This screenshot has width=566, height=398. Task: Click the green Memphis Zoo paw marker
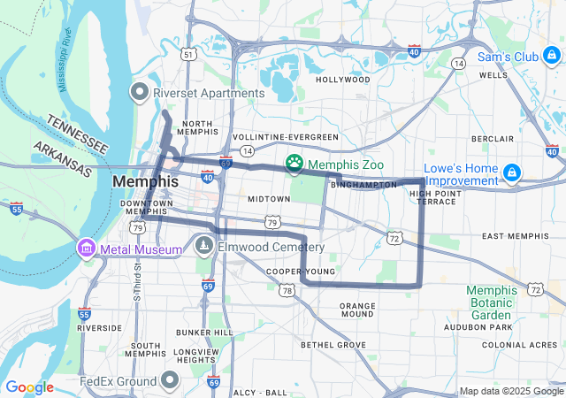coord(294,164)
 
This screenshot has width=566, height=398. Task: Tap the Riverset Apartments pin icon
coord(140,92)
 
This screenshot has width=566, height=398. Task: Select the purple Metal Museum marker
coord(87,249)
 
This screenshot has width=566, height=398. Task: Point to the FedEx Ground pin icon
coord(170,381)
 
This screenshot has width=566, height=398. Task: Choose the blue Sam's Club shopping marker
coord(551,57)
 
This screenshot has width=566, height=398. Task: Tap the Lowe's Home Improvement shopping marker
coord(512,172)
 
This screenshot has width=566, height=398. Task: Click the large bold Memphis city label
coord(145,181)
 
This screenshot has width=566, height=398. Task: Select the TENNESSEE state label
coord(77,134)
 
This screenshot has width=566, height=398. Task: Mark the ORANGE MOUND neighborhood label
coord(357,310)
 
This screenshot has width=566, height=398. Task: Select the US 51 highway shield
coord(187,54)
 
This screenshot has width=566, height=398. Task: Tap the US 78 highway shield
coord(286,290)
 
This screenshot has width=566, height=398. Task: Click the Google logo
coord(30,387)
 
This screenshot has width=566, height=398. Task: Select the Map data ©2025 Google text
coord(510,392)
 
